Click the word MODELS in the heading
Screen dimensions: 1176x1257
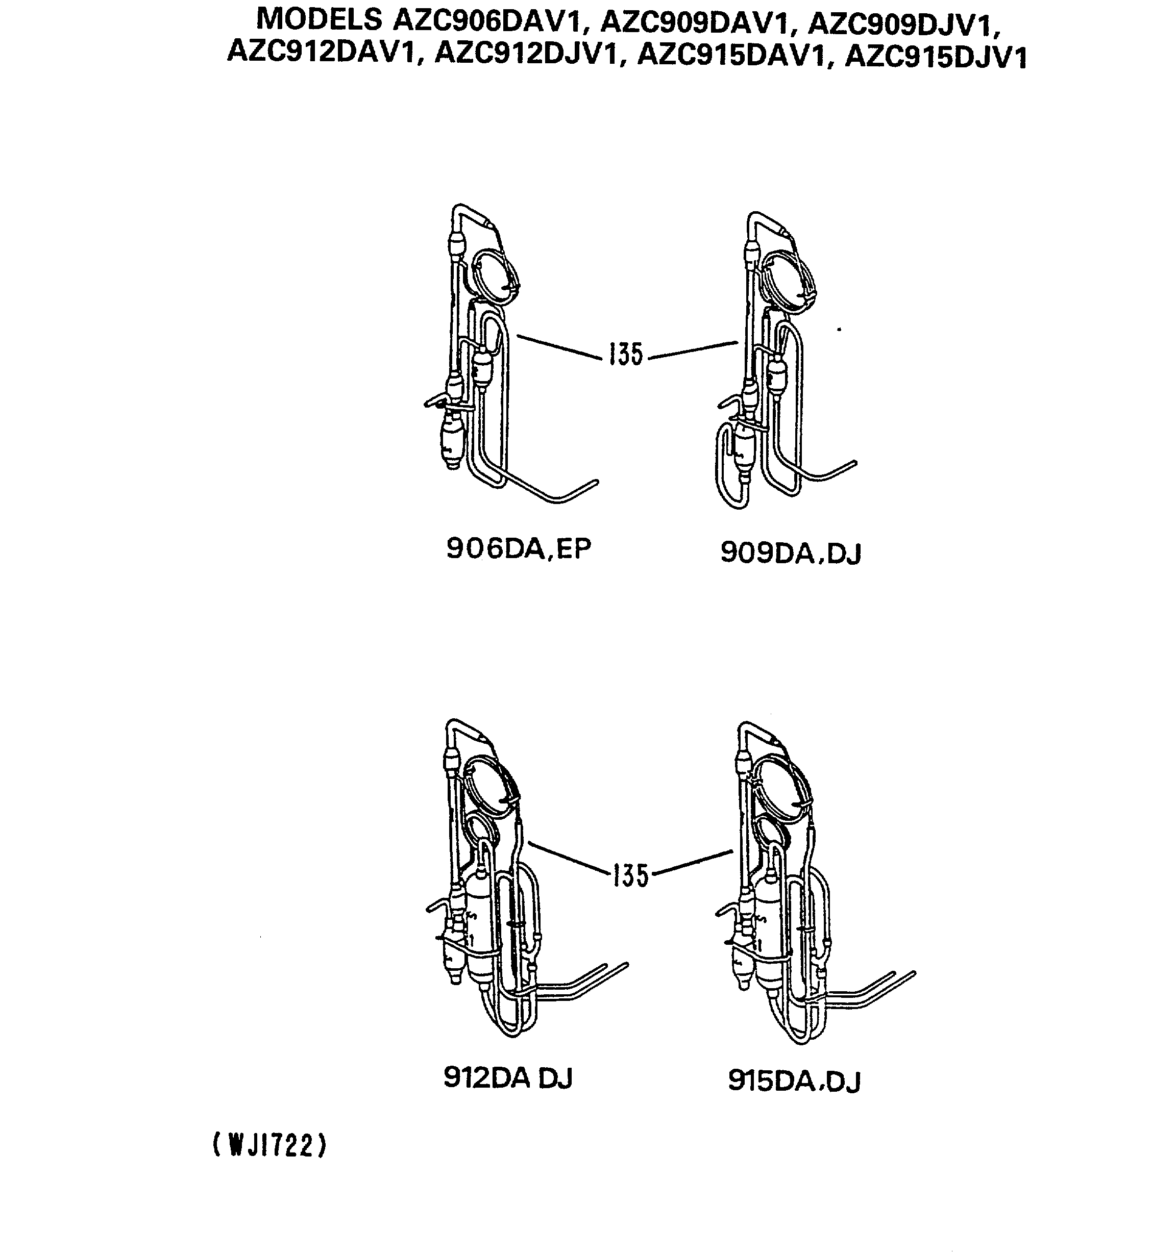[x=319, y=19]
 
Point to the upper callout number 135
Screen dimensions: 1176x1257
[x=626, y=354]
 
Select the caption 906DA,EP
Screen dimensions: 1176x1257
[x=518, y=549]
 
